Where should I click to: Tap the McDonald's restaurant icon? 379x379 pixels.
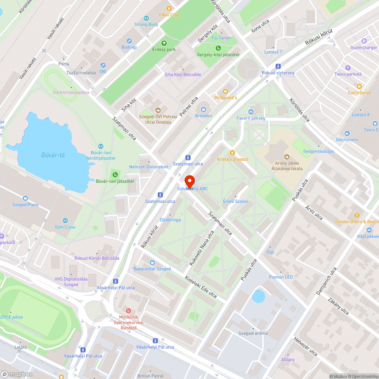pyautogui.click(x=226, y=91)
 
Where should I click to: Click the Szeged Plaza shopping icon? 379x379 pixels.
pyautogui.click(x=25, y=198)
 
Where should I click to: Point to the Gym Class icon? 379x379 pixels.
pyautogui.click(x=65, y=221)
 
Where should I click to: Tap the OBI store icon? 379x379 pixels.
pyautogui.click(x=103, y=65)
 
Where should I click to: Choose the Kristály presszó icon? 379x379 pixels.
pyautogui.click(x=232, y=153)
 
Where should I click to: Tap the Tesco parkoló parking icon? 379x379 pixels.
pyautogui.click(x=348, y=67)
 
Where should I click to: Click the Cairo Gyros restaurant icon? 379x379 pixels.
pyautogui.click(x=359, y=86)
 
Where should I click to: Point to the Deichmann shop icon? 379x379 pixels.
pyautogui.click(x=347, y=133)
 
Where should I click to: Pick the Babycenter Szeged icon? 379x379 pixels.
pyautogui.click(x=152, y=262)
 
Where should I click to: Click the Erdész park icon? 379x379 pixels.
pyautogui.click(x=164, y=43)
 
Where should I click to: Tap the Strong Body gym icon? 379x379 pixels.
pyautogui.click(x=146, y=18)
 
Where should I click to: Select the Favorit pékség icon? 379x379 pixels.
pyautogui.click(x=251, y=111)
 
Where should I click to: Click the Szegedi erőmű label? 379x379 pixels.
pyautogui.click(x=253, y=334)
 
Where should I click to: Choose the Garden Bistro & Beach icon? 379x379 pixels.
pyautogui.click(x=357, y=215)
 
